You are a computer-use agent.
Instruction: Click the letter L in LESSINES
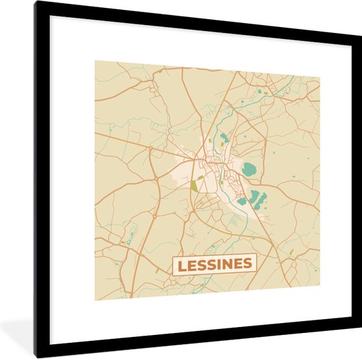tap(180, 265)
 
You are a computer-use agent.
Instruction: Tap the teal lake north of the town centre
tap(224, 138)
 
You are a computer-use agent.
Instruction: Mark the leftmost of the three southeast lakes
tap(242, 201)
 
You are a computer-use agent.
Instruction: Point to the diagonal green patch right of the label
tap(290, 251)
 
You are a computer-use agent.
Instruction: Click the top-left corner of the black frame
tap(36, 3)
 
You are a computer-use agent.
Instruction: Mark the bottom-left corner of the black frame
tap(37, 356)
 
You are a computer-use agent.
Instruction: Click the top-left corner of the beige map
tap(95, 61)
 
